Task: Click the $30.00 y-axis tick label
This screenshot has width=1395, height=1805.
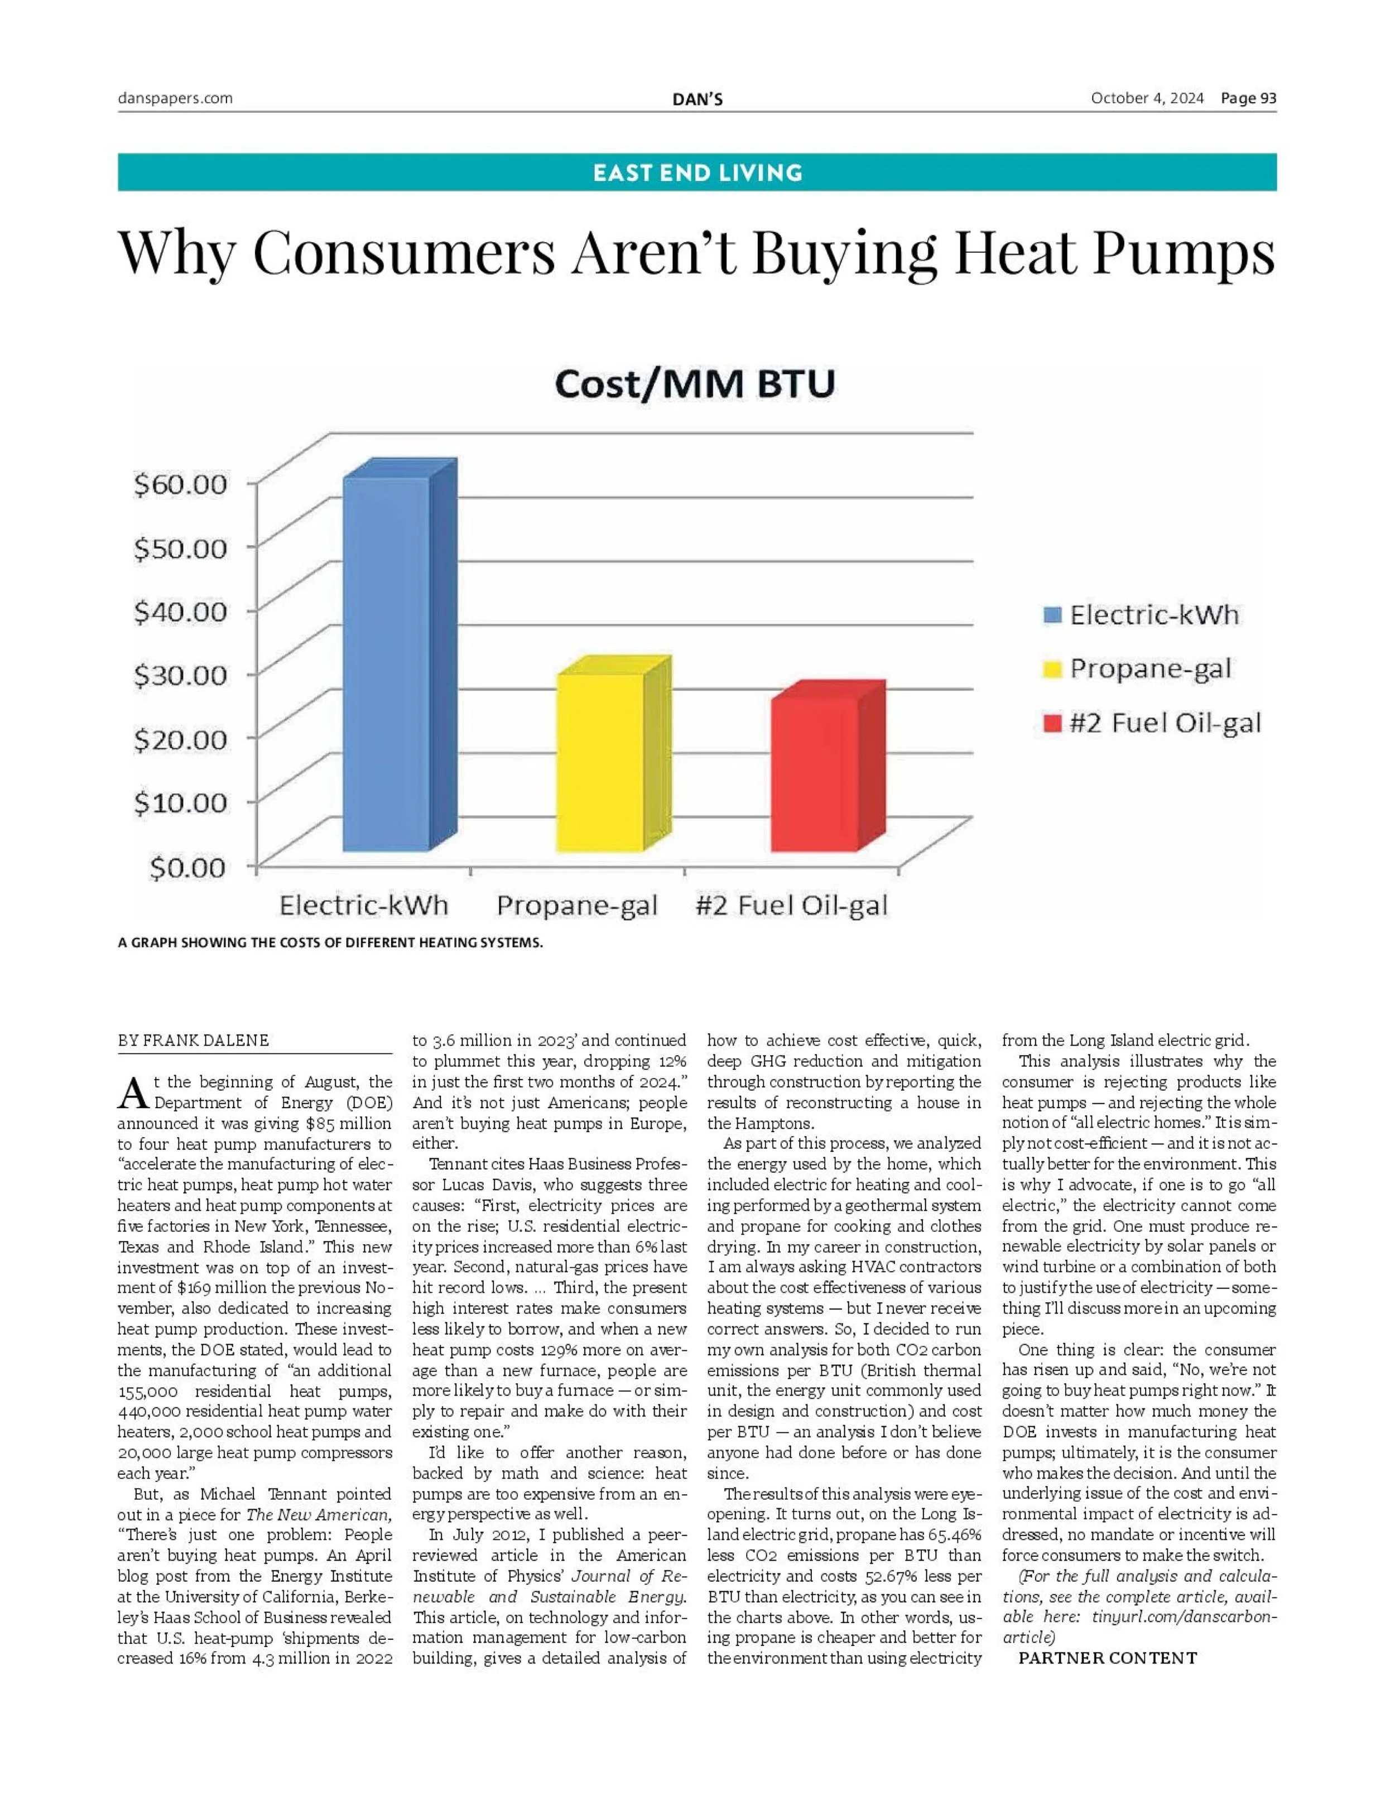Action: click(x=180, y=675)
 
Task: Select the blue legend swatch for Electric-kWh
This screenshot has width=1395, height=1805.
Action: click(x=1052, y=616)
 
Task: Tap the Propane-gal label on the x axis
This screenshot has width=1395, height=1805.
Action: click(x=577, y=907)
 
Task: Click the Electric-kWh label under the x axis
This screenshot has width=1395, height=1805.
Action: click(x=364, y=907)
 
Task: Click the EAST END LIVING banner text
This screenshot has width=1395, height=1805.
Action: click(x=698, y=173)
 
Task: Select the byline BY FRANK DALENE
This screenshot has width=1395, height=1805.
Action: click(x=194, y=1041)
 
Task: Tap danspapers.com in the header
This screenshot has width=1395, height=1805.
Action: click(x=175, y=98)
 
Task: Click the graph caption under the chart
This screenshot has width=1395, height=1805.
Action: click(x=330, y=943)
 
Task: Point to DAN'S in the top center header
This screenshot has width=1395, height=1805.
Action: click(x=698, y=100)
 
